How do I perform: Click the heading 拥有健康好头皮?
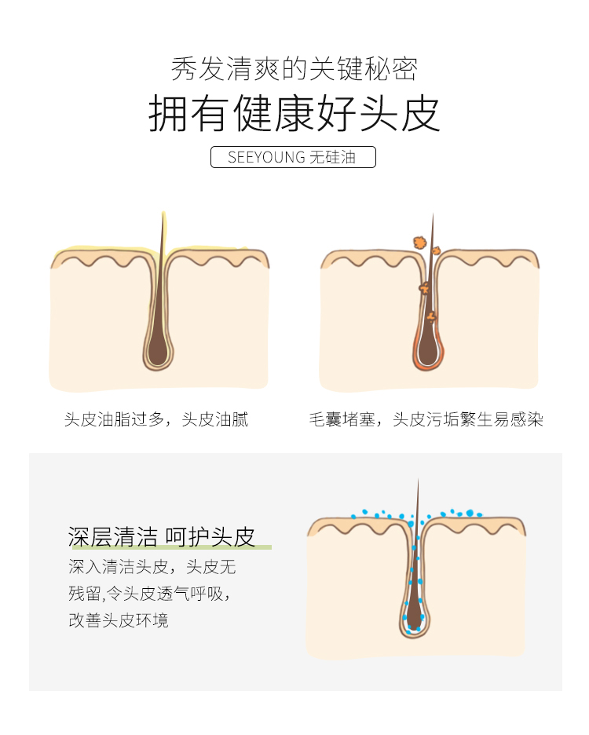click(294, 113)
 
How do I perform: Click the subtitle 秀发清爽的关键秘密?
click(294, 68)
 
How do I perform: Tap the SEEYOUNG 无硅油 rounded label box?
click(293, 157)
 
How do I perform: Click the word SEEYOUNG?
click(266, 157)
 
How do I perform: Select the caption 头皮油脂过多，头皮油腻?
click(156, 419)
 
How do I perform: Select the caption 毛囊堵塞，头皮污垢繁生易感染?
click(426, 419)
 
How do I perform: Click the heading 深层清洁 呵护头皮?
click(162, 536)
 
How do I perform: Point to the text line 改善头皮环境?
click(118, 620)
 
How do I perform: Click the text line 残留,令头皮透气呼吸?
click(149, 594)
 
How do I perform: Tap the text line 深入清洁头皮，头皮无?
click(152, 567)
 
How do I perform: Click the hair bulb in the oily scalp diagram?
click(158, 349)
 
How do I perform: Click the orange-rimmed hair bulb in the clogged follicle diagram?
click(428, 349)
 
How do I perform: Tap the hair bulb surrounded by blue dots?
click(414, 616)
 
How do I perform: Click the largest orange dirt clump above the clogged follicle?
click(419, 243)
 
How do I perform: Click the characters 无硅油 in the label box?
click(332, 157)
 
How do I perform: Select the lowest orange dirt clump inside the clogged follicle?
click(431, 317)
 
